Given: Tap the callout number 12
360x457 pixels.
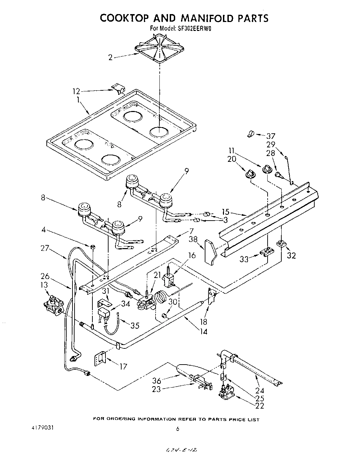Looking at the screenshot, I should (76, 91).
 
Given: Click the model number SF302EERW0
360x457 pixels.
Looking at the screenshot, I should (194, 29).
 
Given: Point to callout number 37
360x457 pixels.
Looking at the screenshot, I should (271, 136).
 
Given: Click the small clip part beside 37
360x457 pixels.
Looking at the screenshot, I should (250, 134).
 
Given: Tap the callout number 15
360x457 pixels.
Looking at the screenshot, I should (225, 212).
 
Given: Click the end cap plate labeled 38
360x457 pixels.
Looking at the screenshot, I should (210, 252).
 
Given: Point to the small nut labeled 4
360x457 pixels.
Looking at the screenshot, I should (92, 247).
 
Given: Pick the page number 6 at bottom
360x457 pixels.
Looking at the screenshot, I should (178, 428).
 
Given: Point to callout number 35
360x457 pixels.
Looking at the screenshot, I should (135, 325).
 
